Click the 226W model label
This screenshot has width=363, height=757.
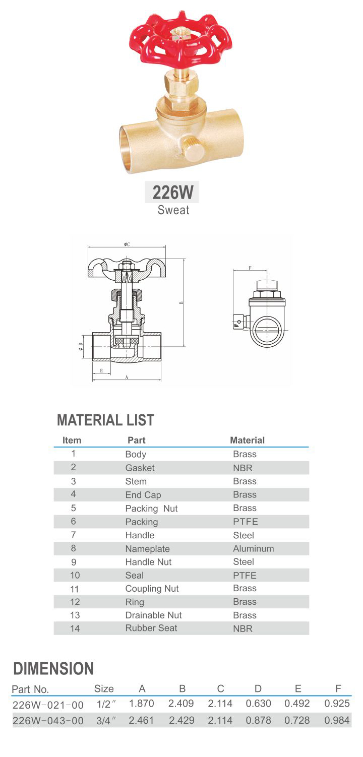pos(172,192)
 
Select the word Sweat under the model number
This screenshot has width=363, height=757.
pos(173,210)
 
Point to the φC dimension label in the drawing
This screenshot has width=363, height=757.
pos(127,244)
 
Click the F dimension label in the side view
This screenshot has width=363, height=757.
pos(250,268)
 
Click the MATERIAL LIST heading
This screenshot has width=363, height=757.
pos(105,419)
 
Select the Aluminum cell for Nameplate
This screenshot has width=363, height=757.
pos(253,548)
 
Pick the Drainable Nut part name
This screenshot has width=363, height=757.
pos(153,615)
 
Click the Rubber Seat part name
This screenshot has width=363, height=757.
pos(151,628)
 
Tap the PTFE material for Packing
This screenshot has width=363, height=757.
pos(246,522)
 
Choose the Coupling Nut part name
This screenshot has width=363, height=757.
pos(152,589)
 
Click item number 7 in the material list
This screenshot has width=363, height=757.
pos(73,535)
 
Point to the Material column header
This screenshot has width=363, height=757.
pos(247,440)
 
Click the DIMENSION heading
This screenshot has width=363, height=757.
pos(53,669)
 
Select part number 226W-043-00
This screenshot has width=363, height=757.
pos(48,721)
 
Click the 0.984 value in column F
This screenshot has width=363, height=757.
pos(337,721)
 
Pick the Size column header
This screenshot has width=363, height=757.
pos(104,688)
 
